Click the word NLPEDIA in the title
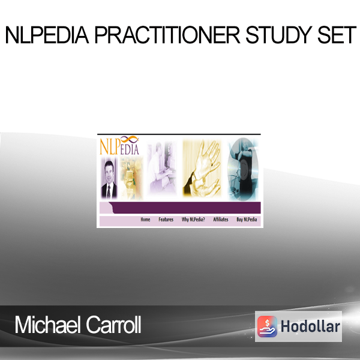point(47,35)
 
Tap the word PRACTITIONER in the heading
point(167,35)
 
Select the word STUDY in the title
point(279,35)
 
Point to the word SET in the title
point(337,35)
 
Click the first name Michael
point(47,325)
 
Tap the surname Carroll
point(113,325)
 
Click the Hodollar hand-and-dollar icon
point(267,326)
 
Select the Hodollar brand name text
point(310,326)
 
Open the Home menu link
point(145,220)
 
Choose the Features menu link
point(166,220)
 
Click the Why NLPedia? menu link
point(193,220)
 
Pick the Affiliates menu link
point(221,220)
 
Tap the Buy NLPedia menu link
point(247,220)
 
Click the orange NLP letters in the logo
point(110,146)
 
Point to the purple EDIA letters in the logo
point(130,149)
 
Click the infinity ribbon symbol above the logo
point(129,139)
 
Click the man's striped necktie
point(109,191)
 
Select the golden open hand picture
point(202,168)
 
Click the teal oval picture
point(243,169)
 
